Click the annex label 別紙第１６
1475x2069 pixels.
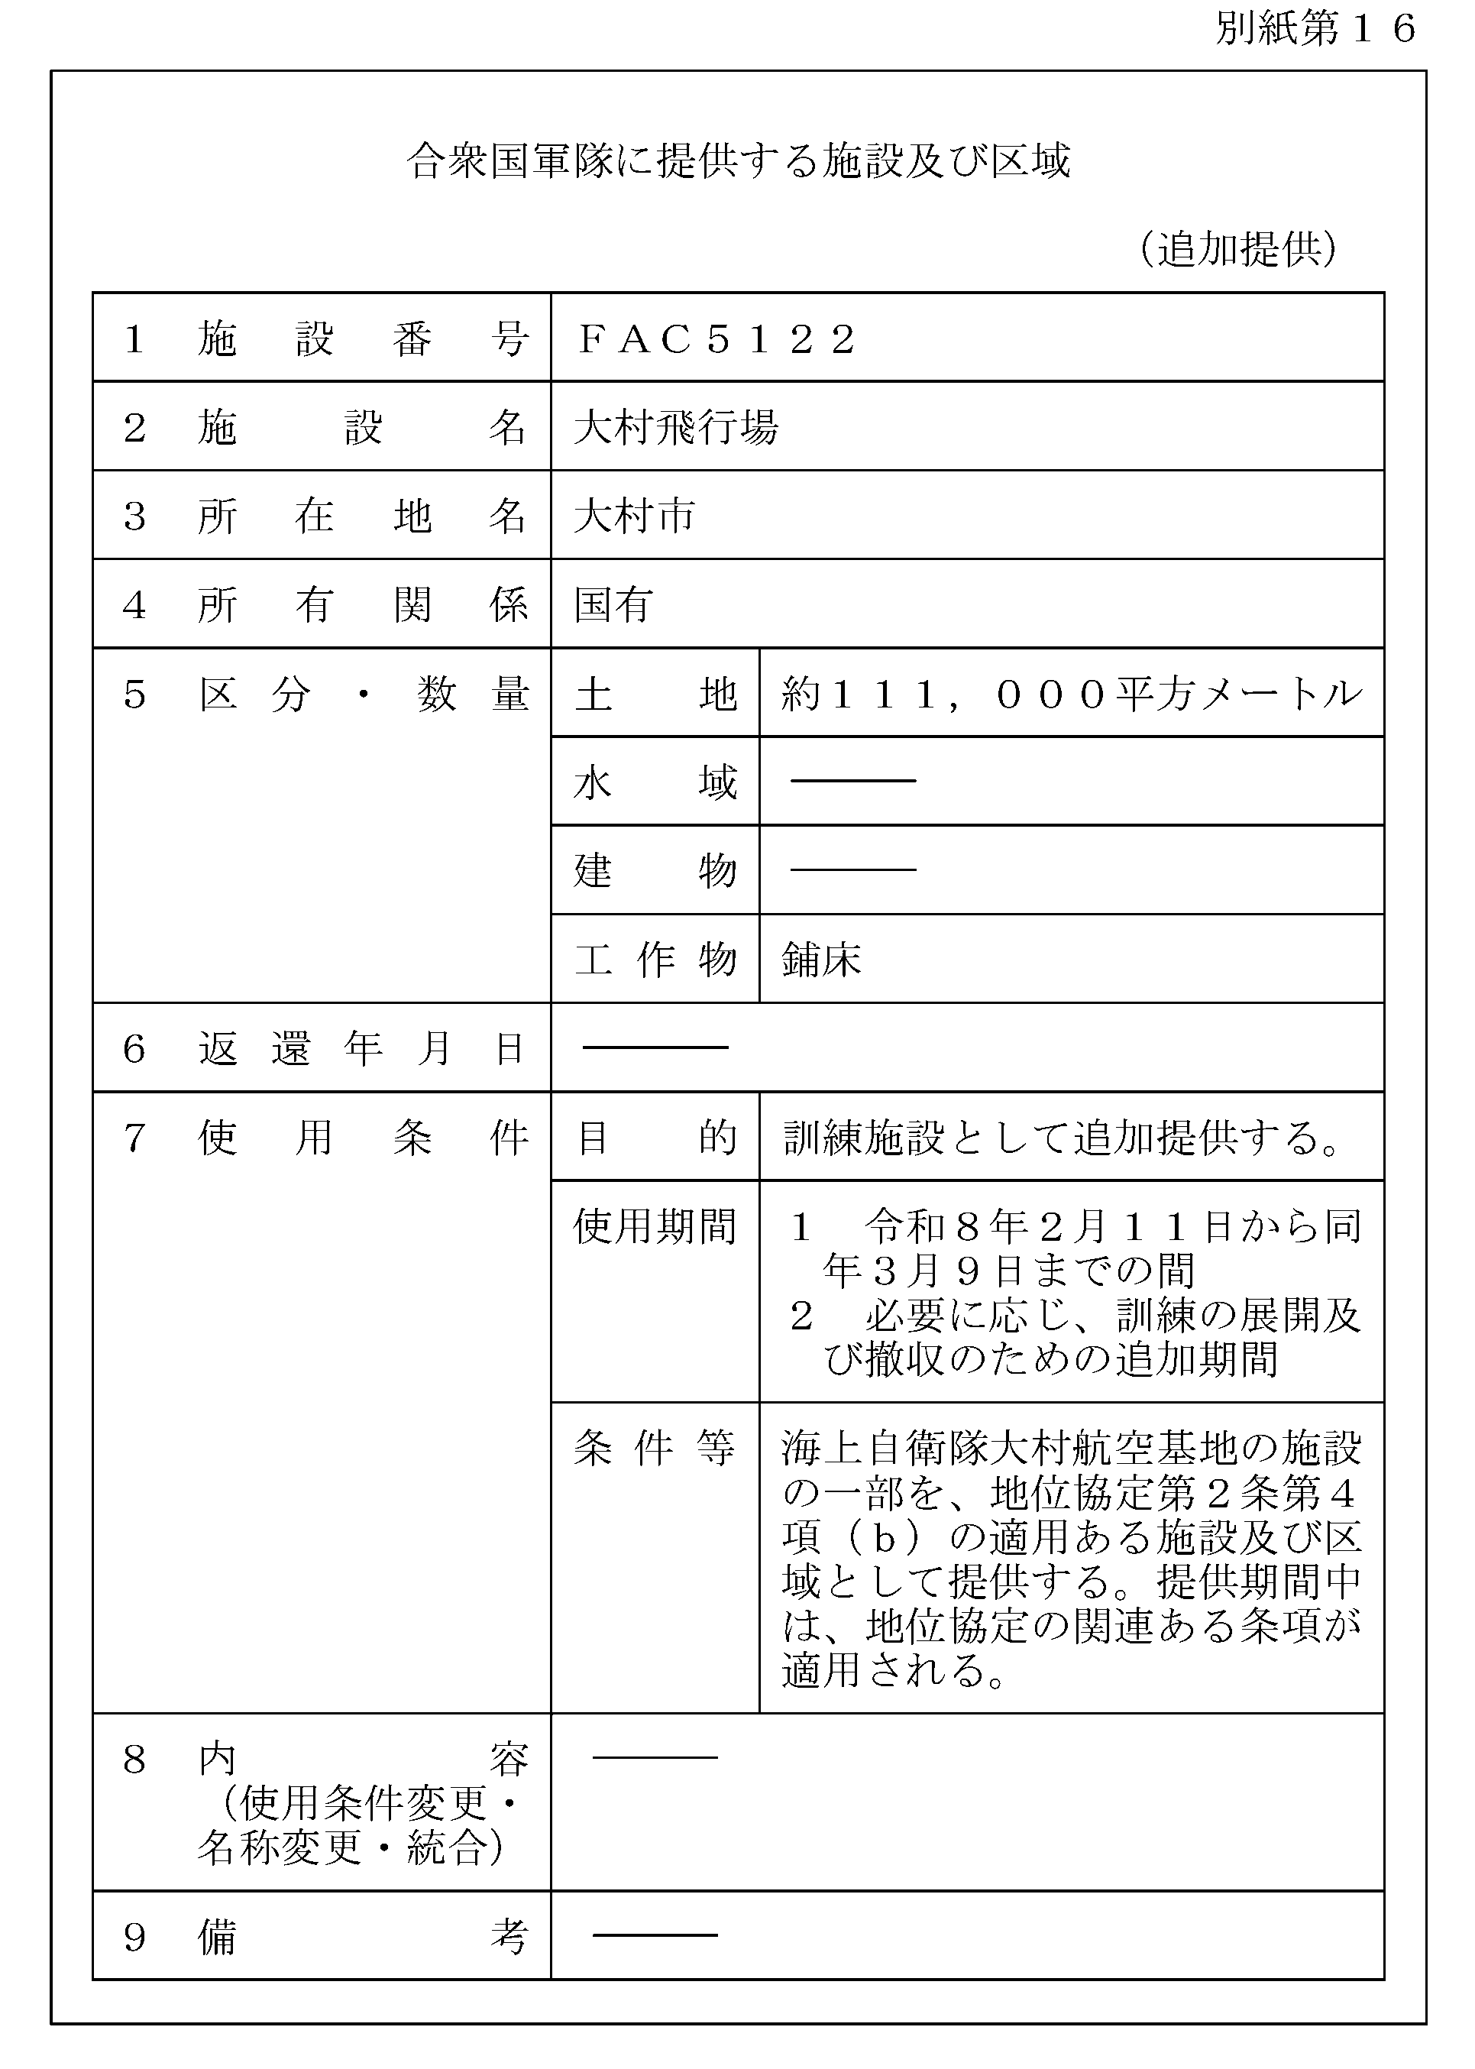[x=1315, y=29]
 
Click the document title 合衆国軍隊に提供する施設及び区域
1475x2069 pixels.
[x=738, y=162]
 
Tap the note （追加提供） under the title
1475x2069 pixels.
[x=1239, y=249]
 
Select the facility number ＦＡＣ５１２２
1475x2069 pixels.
[x=716, y=340]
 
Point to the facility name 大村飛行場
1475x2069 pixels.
[x=676, y=428]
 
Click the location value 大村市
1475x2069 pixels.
[x=634, y=516]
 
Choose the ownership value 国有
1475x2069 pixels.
[x=613, y=605]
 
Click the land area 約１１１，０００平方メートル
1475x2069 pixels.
[x=1072, y=695]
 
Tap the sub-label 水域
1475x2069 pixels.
[x=655, y=783]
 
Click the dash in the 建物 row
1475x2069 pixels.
[x=853, y=870]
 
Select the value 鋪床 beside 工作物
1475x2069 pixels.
[x=821, y=960]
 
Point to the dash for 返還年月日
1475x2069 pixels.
[x=655, y=1048]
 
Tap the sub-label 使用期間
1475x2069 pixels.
[x=655, y=1227]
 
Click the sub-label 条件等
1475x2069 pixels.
[x=655, y=1449]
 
